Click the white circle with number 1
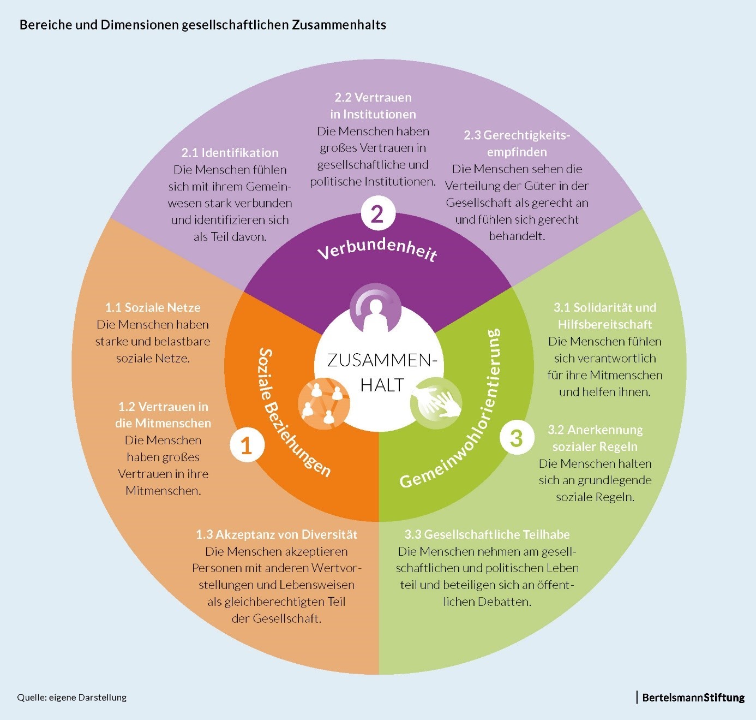247,445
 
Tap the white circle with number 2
377,214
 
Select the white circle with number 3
515,438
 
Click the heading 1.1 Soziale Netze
153,307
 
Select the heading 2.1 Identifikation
230,153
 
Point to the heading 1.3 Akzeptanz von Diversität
277,534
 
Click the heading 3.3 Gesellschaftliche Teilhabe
487,534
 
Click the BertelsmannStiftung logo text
693,697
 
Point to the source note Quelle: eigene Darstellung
72,698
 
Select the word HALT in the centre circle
382,385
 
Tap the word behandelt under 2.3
517,236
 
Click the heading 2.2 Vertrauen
373,98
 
